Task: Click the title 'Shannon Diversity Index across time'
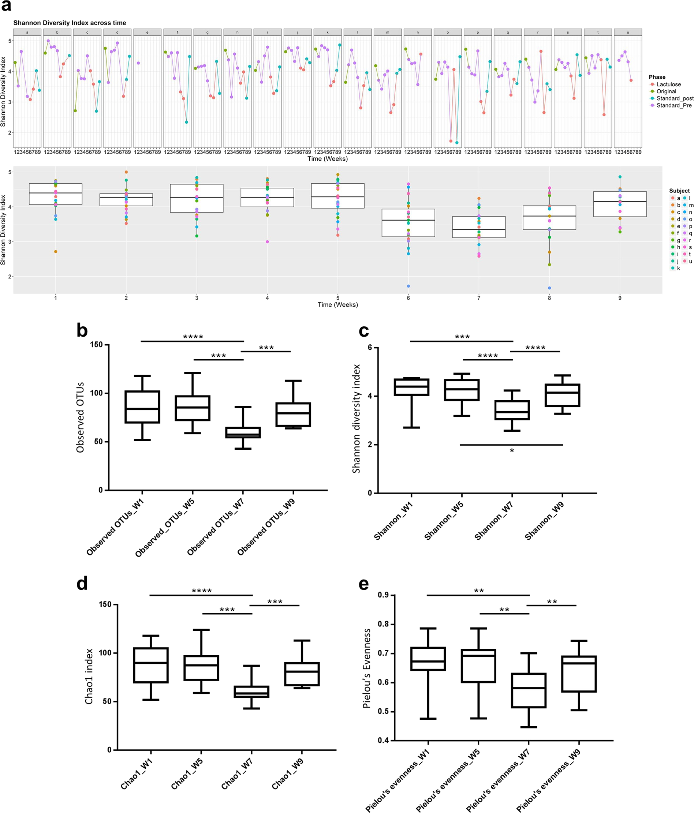(70, 23)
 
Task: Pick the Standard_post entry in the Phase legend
(674, 98)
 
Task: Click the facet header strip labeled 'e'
(147, 32)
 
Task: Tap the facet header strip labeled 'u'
(627, 32)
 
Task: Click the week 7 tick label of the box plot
(478, 298)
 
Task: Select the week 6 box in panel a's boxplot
(408, 223)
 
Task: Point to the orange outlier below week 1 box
(56, 251)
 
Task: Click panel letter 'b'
(82, 330)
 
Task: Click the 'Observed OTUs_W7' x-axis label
(215, 528)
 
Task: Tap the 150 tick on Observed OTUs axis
(96, 345)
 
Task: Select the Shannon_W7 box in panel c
(512, 410)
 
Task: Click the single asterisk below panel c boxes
(512, 451)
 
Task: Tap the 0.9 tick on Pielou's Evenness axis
(383, 595)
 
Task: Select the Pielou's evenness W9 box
(579, 674)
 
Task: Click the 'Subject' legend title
(679, 191)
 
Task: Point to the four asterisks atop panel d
(201, 591)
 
